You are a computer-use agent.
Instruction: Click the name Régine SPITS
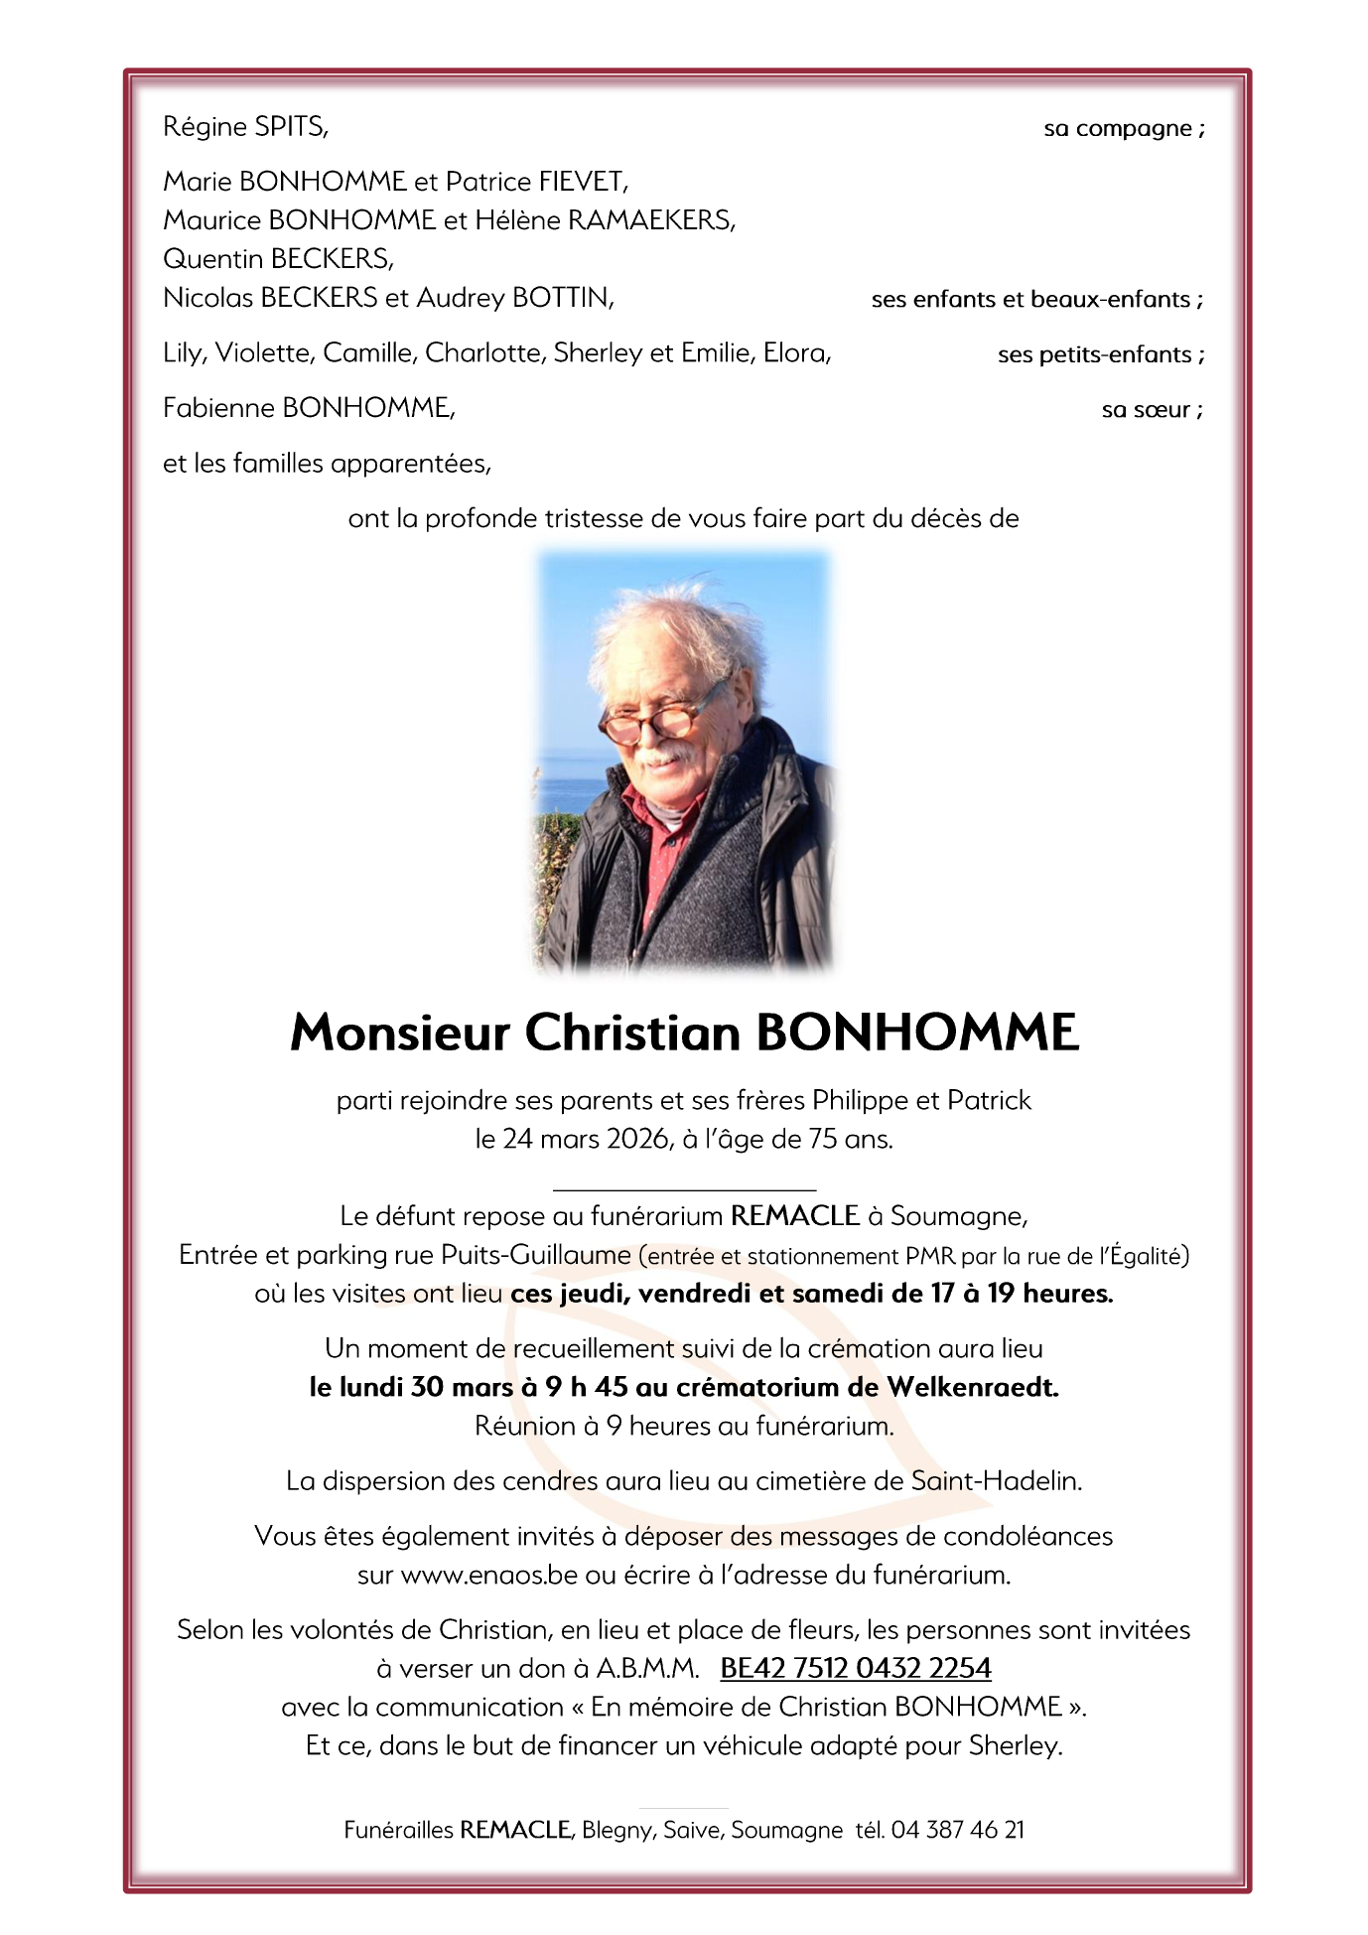click(245, 127)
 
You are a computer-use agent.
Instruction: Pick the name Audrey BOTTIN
click(514, 298)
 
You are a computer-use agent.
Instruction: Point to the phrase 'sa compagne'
click(1121, 129)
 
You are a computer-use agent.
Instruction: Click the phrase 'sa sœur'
click(1149, 410)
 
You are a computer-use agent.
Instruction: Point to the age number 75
click(823, 1140)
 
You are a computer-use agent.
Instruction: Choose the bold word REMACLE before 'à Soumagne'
click(794, 1216)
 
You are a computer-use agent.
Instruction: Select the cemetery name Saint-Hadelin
click(996, 1481)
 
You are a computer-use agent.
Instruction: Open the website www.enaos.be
click(488, 1576)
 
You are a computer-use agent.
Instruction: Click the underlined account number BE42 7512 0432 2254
click(856, 1669)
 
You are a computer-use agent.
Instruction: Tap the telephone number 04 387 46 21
click(957, 1830)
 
